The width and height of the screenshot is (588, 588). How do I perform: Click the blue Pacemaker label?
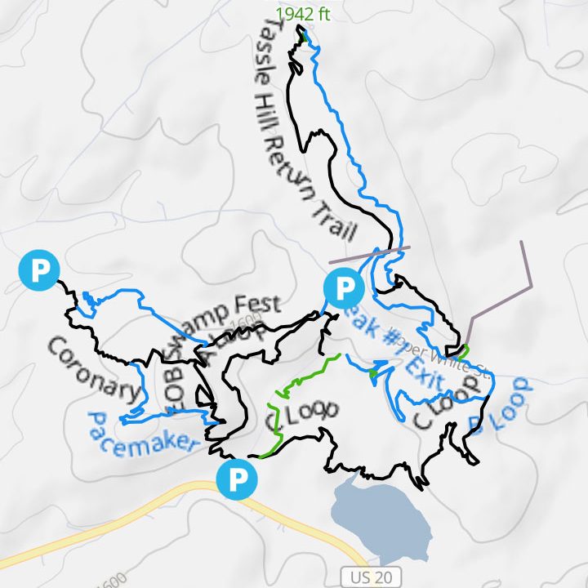[x=141, y=434]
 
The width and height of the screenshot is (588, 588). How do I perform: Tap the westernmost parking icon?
[x=39, y=270]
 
